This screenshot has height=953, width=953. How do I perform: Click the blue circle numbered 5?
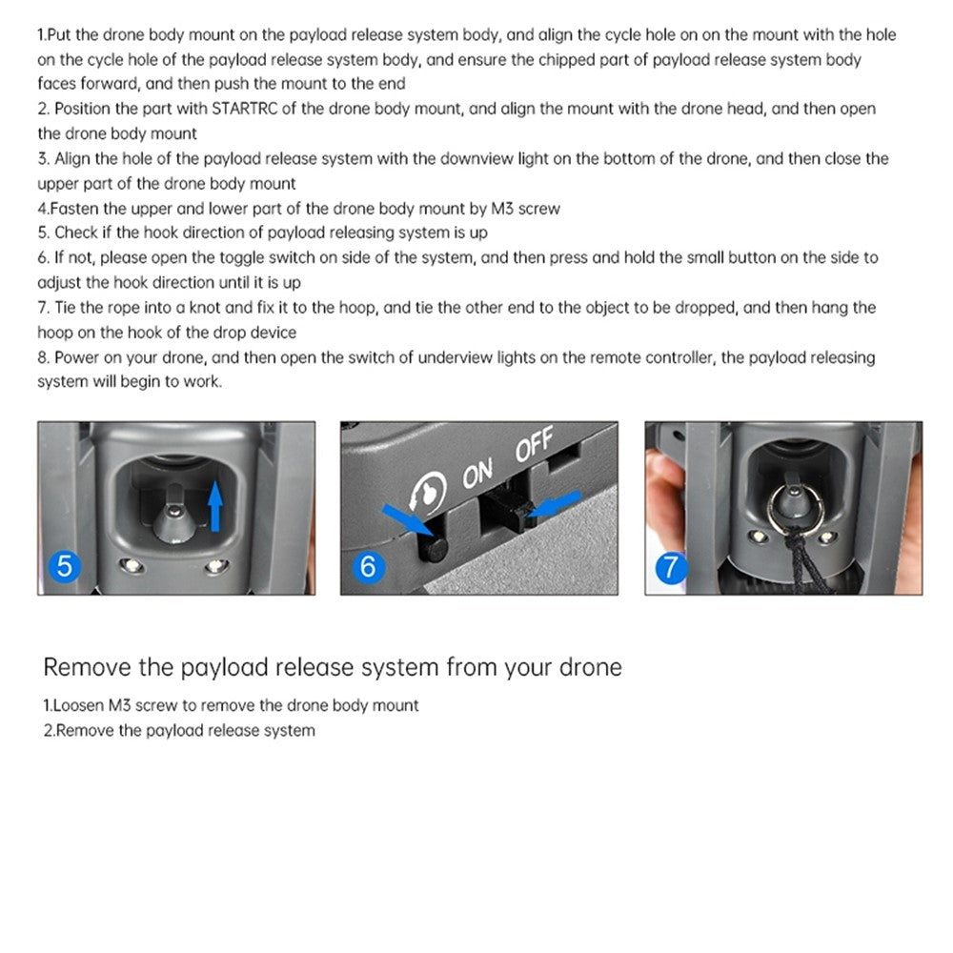click(64, 566)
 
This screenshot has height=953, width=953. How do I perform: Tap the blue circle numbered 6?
click(368, 567)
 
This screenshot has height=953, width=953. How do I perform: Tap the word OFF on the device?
click(535, 447)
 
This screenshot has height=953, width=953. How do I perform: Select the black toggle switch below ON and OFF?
click(507, 514)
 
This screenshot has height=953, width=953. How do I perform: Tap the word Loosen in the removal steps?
click(74, 706)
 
